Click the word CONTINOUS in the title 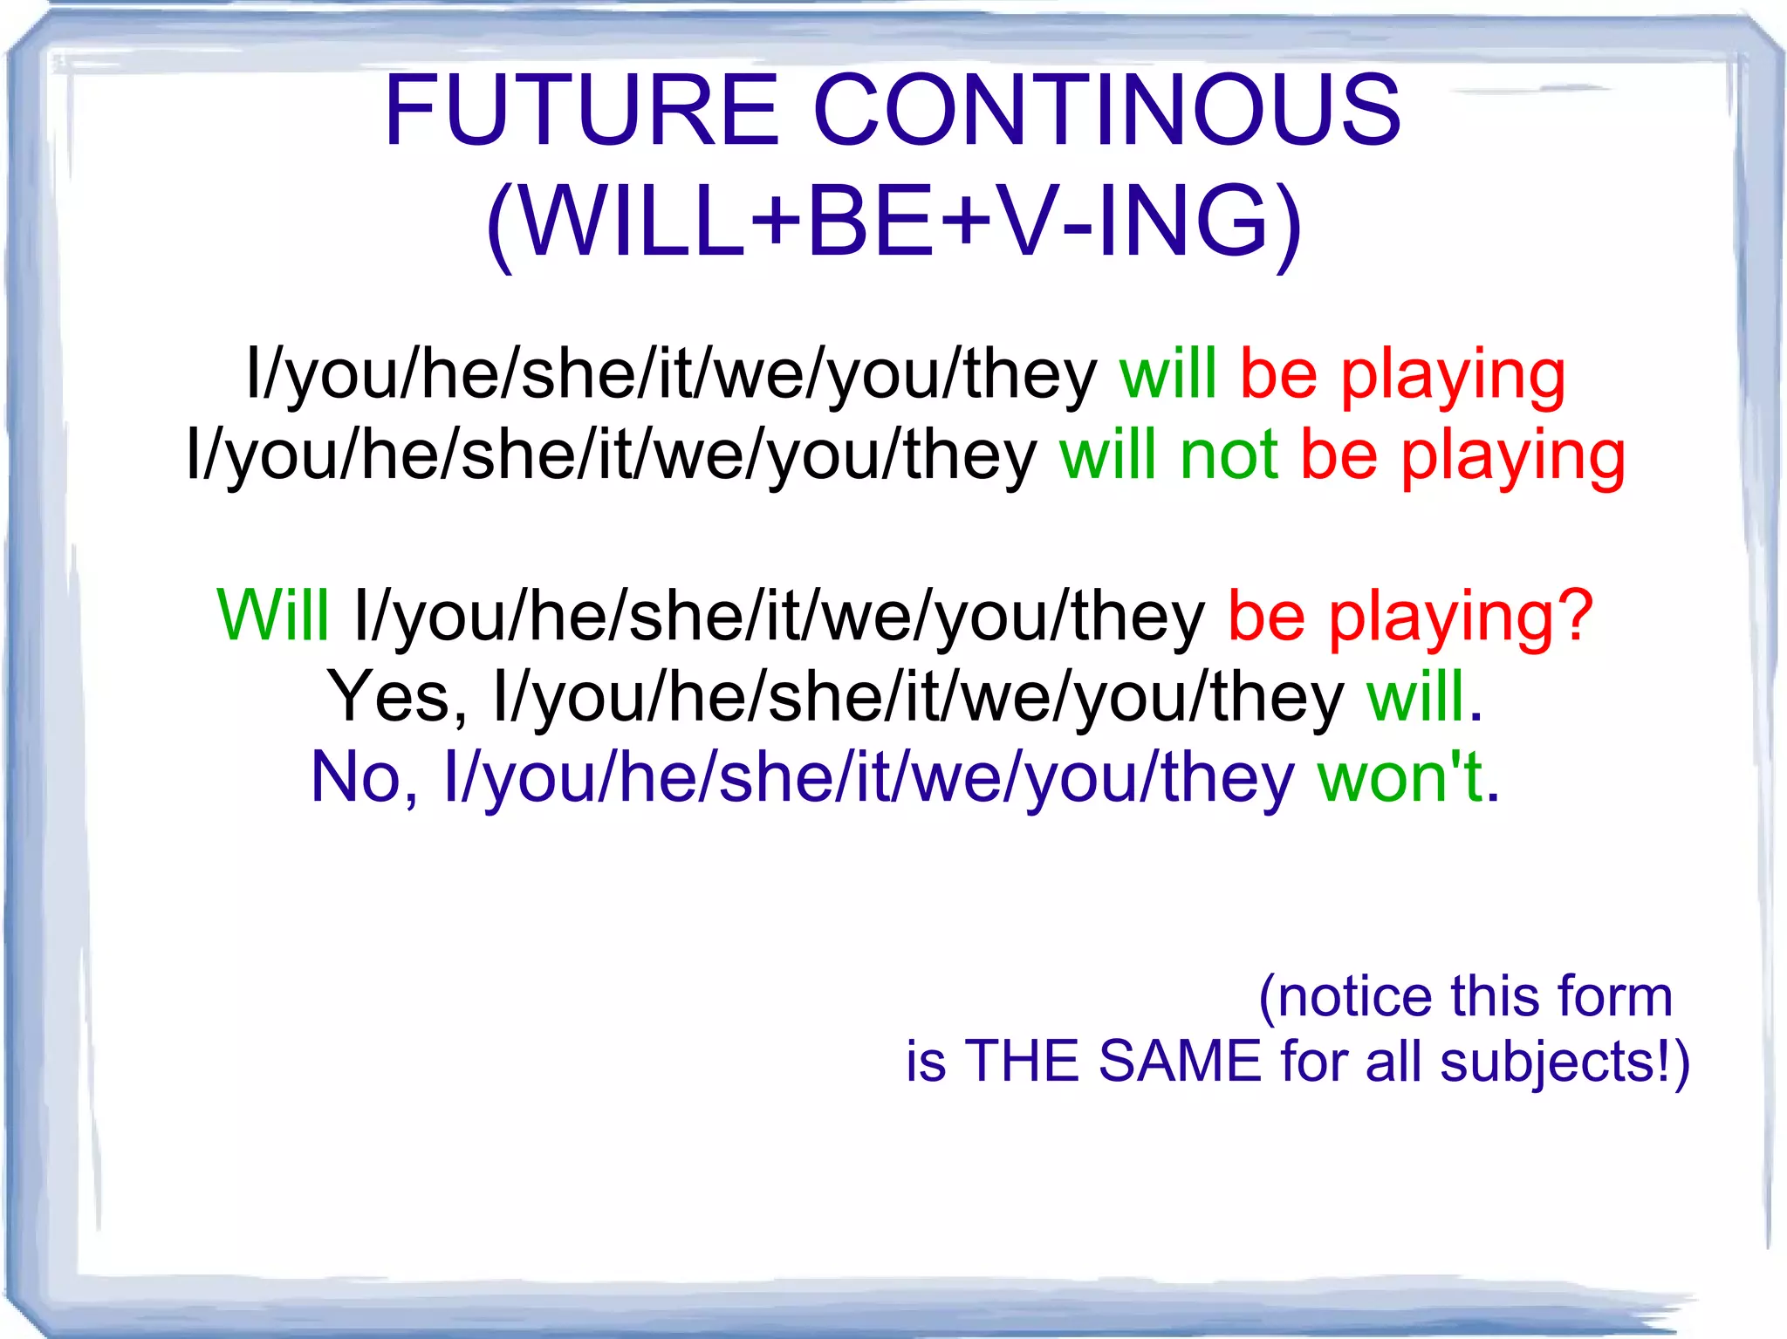[x=1107, y=111]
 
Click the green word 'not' [x=1229, y=455]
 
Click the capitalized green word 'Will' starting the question [x=273, y=616]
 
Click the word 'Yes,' [x=398, y=697]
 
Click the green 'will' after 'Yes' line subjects [x=1415, y=697]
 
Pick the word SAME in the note [x=1180, y=1062]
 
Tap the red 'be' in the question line [x=1266, y=616]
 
